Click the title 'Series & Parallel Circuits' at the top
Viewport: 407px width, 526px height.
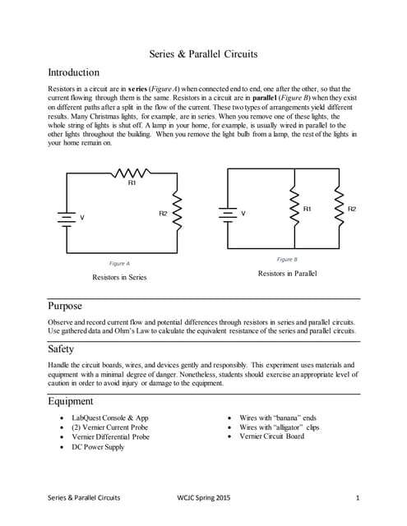(203, 54)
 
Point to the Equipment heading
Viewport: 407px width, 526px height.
(71, 401)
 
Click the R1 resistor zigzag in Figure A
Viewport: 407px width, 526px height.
(131, 173)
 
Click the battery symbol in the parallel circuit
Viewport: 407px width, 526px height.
(227, 213)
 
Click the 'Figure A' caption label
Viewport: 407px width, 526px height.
(119, 263)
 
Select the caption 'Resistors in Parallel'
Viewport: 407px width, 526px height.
(287, 272)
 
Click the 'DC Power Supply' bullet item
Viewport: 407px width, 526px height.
(98, 447)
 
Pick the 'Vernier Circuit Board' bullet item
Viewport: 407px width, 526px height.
(271, 436)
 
